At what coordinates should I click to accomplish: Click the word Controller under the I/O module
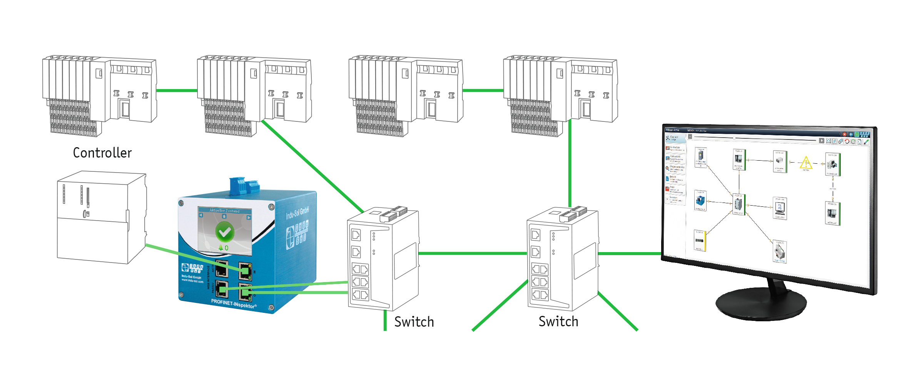click(x=102, y=153)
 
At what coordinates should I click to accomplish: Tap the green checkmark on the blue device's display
click(x=224, y=232)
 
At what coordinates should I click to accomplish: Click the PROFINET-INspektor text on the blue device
click(x=233, y=304)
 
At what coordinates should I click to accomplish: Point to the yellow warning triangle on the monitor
click(x=805, y=163)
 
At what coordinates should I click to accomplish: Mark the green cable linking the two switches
click(x=472, y=253)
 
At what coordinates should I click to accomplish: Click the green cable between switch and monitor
click(x=630, y=254)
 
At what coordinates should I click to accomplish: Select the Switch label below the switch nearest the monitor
click(x=558, y=322)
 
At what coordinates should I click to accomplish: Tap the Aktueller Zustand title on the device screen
click(x=224, y=211)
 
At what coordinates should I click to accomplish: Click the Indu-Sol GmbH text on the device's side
click(x=297, y=212)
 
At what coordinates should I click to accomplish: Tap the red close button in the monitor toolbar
click(x=844, y=134)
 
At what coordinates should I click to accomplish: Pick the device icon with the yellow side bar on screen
click(x=700, y=241)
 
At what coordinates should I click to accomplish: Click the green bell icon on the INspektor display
click(x=221, y=248)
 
